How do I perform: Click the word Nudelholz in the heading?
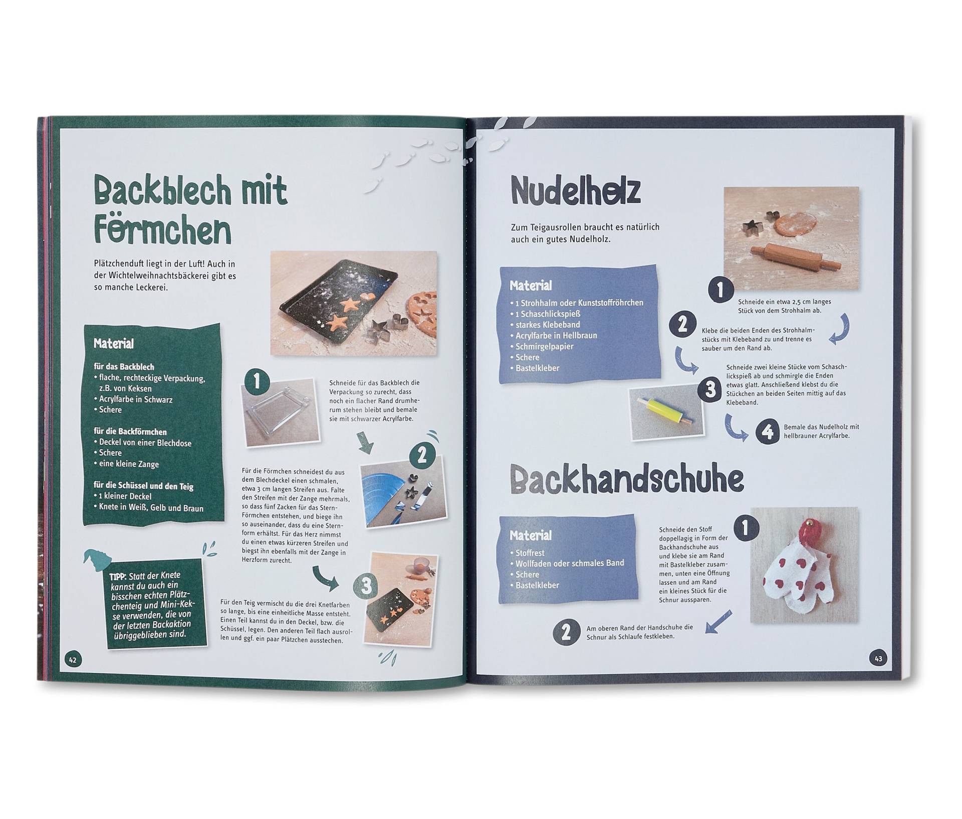click(575, 191)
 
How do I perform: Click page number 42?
click(73, 659)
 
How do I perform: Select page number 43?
click(878, 658)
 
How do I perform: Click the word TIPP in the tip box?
click(118, 577)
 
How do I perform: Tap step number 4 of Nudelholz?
click(768, 431)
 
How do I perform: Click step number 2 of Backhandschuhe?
click(566, 633)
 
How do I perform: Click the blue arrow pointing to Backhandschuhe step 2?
click(718, 621)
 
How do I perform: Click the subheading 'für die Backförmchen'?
click(130, 432)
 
